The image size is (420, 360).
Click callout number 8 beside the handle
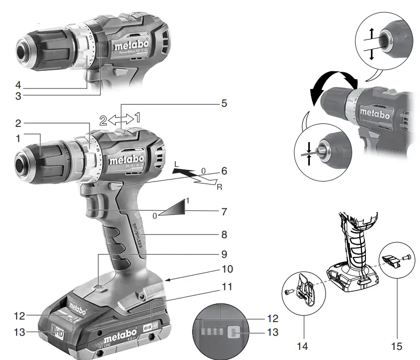point(223,235)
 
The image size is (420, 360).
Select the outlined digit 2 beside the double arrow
point(103,120)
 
